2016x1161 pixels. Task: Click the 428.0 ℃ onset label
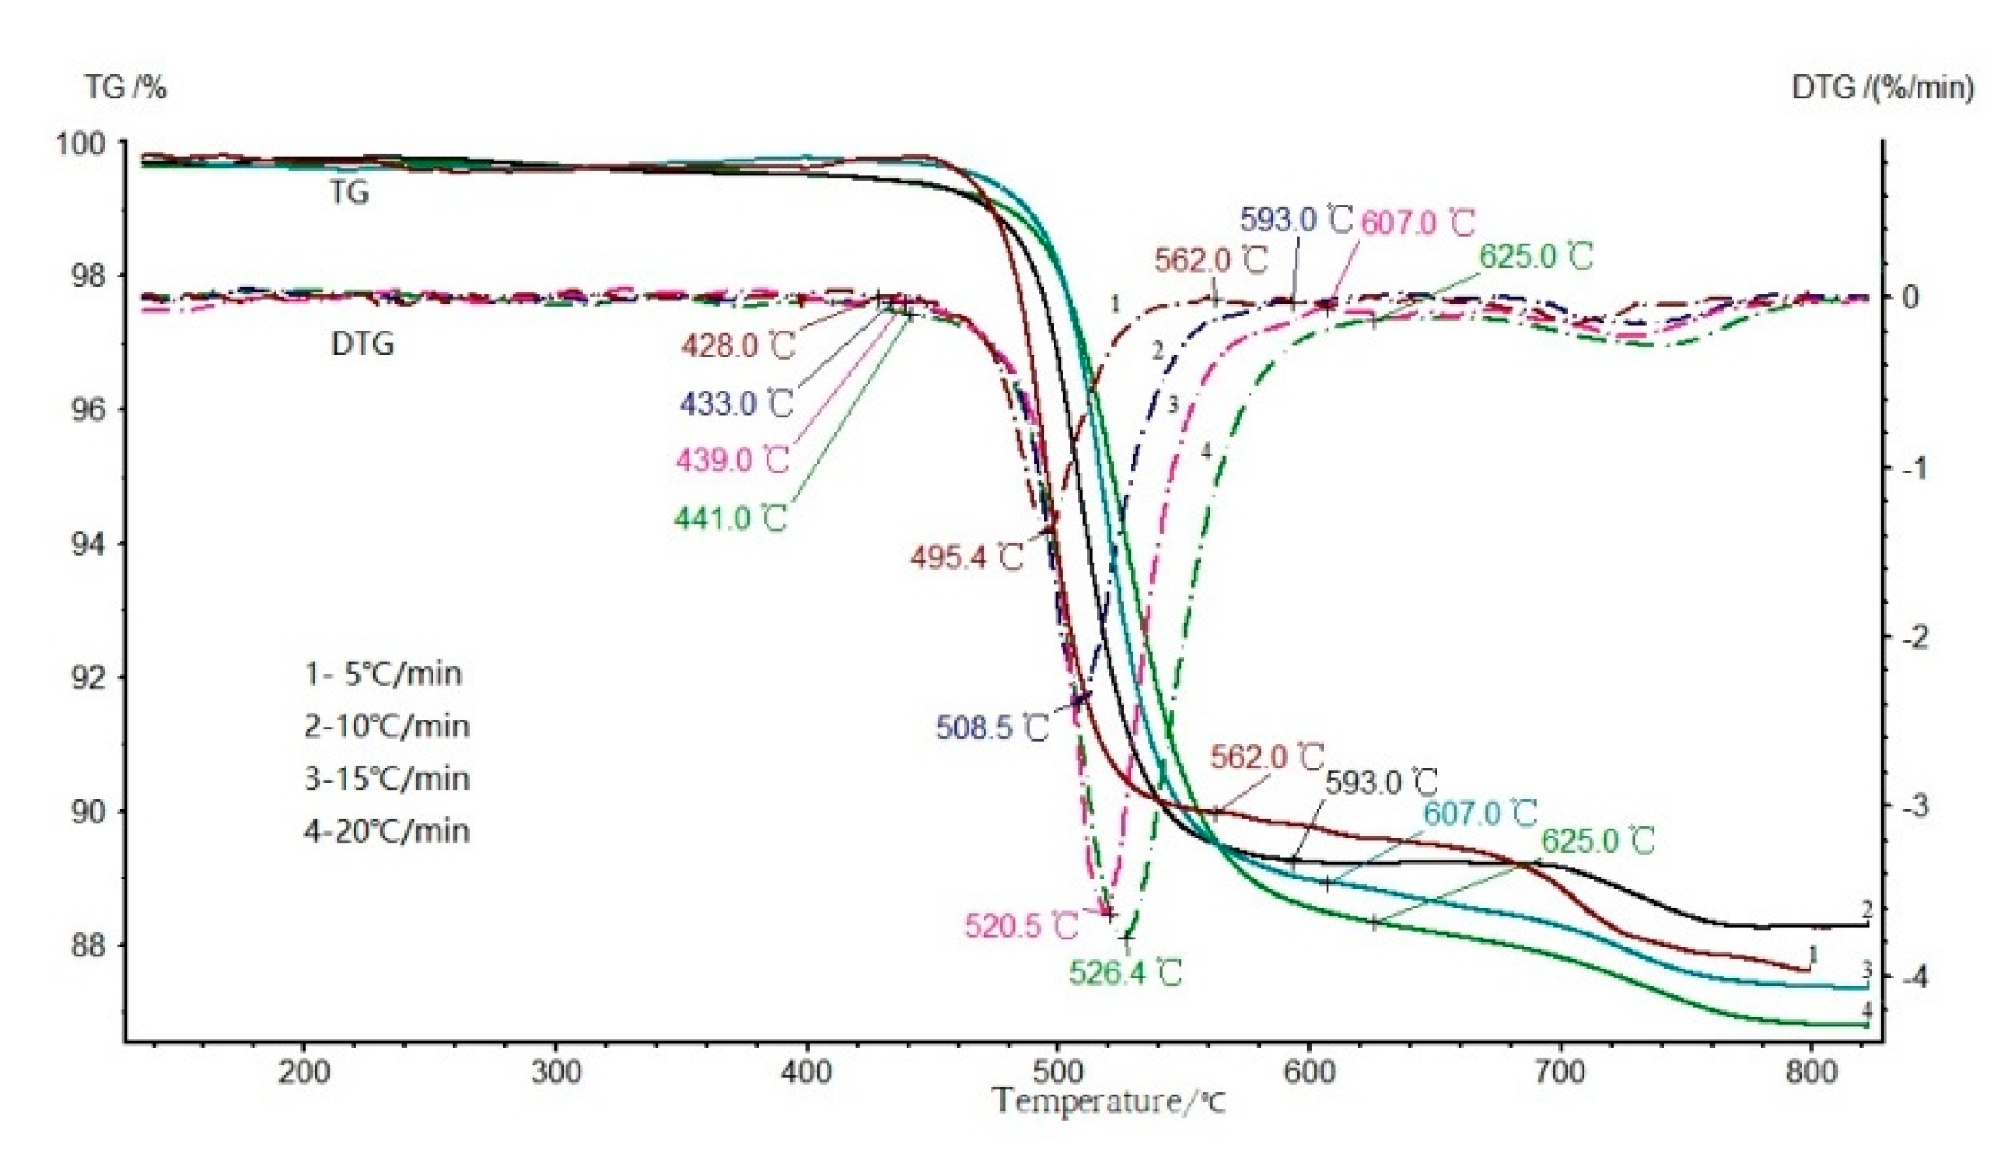pos(738,346)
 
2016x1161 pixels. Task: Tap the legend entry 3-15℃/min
pos(386,779)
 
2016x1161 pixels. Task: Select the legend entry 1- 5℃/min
pos(383,674)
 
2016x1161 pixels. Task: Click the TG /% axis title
pos(126,88)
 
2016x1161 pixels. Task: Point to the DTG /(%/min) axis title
pos(1882,88)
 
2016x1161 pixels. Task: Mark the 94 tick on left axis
pos(88,544)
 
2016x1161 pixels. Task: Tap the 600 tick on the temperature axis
pos(1309,1072)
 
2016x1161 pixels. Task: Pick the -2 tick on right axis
pos(1915,637)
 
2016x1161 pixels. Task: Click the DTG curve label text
pos(362,344)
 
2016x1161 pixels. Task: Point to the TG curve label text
pos(349,192)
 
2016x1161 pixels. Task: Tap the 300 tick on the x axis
pos(556,1072)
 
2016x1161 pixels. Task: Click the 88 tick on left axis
pos(88,946)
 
